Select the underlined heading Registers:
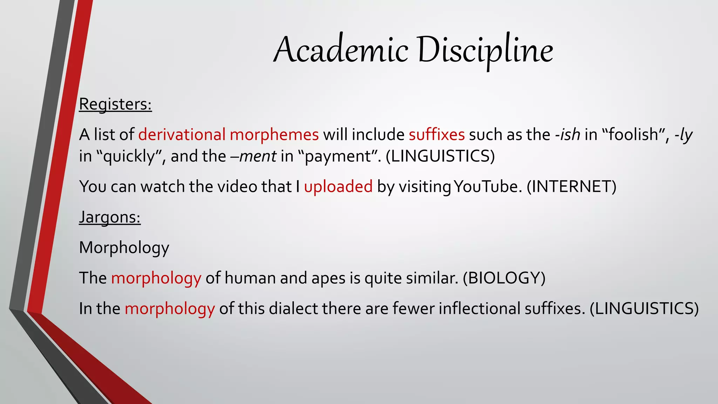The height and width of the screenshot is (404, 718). [x=115, y=104]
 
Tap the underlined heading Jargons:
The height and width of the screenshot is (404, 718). [x=110, y=217]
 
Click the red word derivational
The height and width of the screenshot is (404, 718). [x=182, y=135]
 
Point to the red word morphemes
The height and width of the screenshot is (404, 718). [x=274, y=135]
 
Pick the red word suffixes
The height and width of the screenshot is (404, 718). [x=436, y=135]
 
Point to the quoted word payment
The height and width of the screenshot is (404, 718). [x=338, y=156]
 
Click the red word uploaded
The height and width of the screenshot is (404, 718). [x=338, y=187]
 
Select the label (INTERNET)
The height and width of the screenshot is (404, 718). [x=571, y=187]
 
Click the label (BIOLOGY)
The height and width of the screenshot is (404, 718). [x=504, y=278]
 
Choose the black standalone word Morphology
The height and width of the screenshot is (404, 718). [x=124, y=248]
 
